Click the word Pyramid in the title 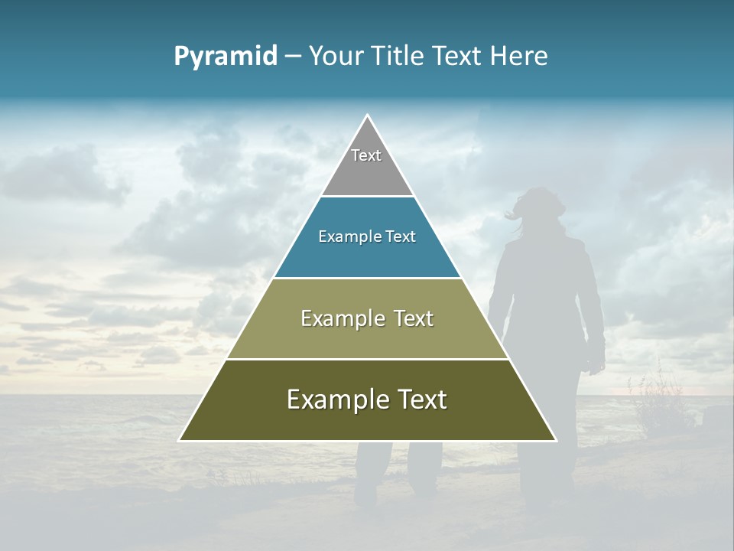[x=226, y=57]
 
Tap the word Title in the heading [x=401, y=57]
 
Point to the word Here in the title [x=519, y=57]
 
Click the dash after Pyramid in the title [x=293, y=57]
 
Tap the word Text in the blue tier [x=401, y=237]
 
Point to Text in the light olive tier [x=414, y=319]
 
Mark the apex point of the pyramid [x=368, y=116]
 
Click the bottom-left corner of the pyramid [x=180, y=441]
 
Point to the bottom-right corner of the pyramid [x=556, y=441]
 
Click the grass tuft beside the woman [x=650, y=398]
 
